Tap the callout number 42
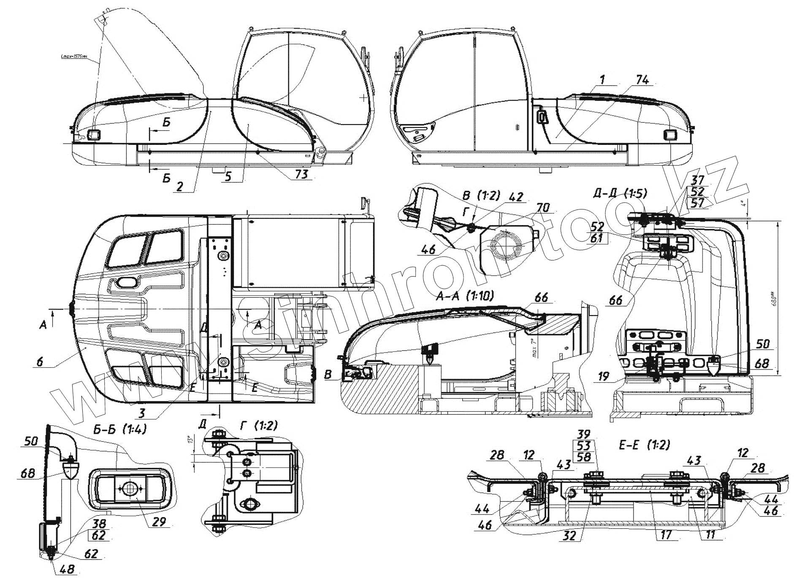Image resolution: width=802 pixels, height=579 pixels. click(x=516, y=197)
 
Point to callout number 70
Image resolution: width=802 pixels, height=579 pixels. click(x=543, y=207)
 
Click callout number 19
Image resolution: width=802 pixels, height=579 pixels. click(x=604, y=376)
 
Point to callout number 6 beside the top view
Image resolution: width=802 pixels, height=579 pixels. click(x=40, y=362)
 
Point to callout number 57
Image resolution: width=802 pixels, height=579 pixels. click(x=698, y=203)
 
